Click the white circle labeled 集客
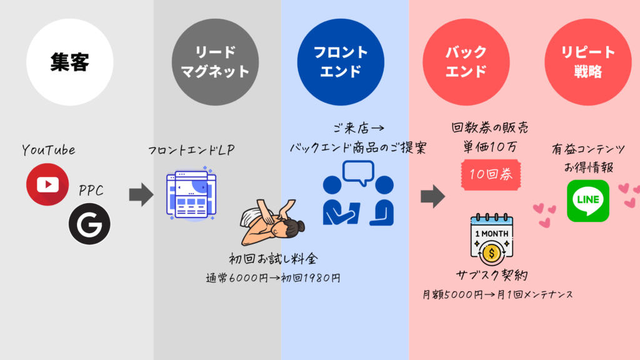pyautogui.click(x=70, y=62)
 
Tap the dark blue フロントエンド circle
pyautogui.click(x=341, y=62)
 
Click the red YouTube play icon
pyautogui.click(x=47, y=184)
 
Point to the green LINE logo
pyautogui.click(x=588, y=201)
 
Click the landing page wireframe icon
pyautogui.click(x=190, y=194)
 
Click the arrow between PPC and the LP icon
pyautogui.click(x=141, y=194)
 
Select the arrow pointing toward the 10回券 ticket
pyautogui.click(x=432, y=197)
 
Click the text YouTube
pyautogui.click(x=48, y=150)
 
